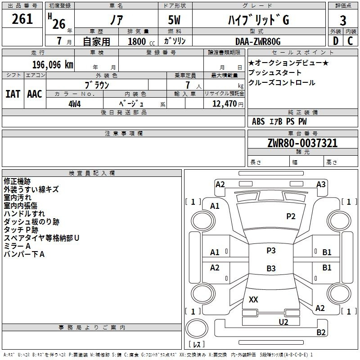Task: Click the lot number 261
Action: (x=22, y=19)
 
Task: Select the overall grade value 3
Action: (x=343, y=21)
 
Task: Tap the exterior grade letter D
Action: (x=336, y=41)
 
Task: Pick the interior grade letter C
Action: (x=350, y=41)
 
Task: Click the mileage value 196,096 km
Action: (x=53, y=65)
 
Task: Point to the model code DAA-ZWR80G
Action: (x=258, y=41)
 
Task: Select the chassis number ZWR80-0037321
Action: (x=302, y=143)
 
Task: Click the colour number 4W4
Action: (x=74, y=104)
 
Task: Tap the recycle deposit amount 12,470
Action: (x=225, y=104)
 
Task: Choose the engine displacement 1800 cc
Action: (x=141, y=41)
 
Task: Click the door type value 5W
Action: (x=174, y=20)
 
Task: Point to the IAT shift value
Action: (x=13, y=94)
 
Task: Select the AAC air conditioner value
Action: (x=35, y=94)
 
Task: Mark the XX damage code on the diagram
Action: (x=253, y=299)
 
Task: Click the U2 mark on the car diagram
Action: (x=283, y=322)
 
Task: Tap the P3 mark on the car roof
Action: (x=271, y=250)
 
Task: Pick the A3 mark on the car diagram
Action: (x=321, y=184)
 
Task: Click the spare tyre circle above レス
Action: (x=197, y=328)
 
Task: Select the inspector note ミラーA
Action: (x=17, y=246)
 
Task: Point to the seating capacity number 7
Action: (x=188, y=85)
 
